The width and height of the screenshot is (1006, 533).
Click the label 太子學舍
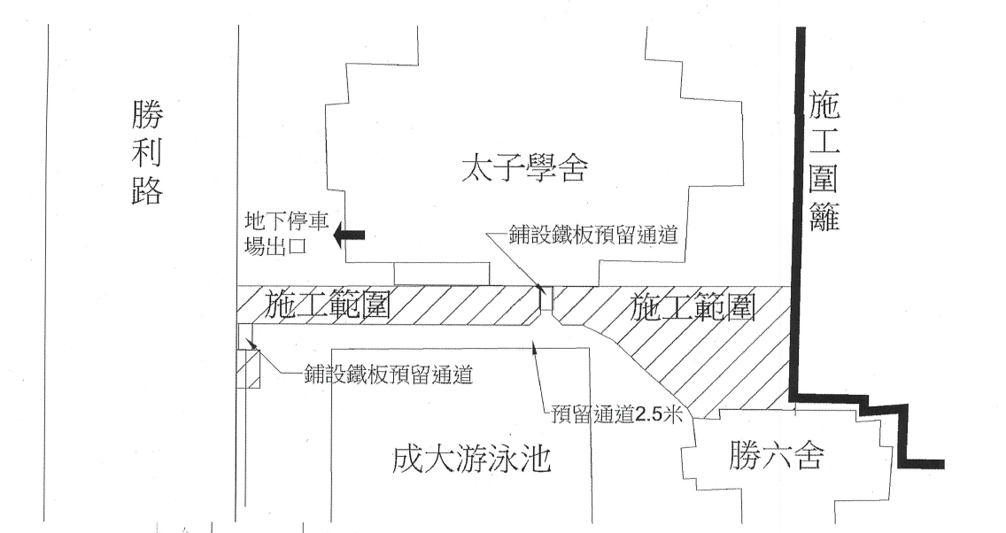click(x=524, y=167)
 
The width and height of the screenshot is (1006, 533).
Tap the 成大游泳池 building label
click(x=472, y=459)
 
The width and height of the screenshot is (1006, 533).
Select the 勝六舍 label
click(x=777, y=455)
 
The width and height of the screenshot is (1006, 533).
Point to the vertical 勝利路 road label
click(x=147, y=152)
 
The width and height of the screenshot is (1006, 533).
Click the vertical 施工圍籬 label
click(x=824, y=160)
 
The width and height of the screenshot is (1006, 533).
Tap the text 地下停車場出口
click(x=287, y=234)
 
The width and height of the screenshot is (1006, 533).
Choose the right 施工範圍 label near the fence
click(x=693, y=307)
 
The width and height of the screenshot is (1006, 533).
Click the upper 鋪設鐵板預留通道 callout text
click(x=593, y=235)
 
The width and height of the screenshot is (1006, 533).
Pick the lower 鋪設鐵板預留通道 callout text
click(x=388, y=374)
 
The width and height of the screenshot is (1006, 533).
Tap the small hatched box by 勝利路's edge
click(x=248, y=368)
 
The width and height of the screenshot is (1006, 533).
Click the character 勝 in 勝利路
click(x=147, y=115)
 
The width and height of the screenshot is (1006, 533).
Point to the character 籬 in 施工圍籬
click(x=824, y=215)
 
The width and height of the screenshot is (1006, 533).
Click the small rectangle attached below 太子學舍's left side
click(x=443, y=274)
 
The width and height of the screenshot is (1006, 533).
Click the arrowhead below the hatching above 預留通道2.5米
click(x=532, y=346)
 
